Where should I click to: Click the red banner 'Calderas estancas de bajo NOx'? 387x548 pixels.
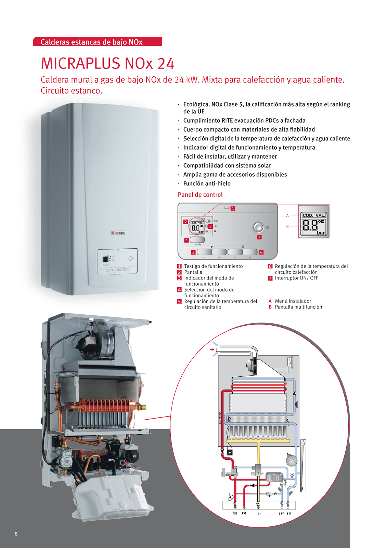[x=98, y=42]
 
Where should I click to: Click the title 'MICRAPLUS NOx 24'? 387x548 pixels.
[x=107, y=64]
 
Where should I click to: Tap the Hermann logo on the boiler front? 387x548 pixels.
[x=118, y=233]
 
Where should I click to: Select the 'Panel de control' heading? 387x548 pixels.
[x=200, y=195]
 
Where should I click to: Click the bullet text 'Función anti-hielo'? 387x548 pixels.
[x=207, y=184]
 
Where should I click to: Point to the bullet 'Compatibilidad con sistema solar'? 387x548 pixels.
[x=227, y=165]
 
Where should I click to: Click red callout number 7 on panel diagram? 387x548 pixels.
[x=259, y=237]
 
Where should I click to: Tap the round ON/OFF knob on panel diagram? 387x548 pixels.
[x=258, y=227]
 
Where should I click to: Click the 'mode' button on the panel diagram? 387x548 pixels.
[x=197, y=240]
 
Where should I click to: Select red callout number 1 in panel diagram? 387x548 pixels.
[x=233, y=208]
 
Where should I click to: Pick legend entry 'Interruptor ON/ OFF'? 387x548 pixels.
[x=296, y=278]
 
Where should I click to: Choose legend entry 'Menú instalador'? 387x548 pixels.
[x=293, y=301]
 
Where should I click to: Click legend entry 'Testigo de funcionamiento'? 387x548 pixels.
[x=213, y=266]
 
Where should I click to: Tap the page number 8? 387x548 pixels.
[x=16, y=534]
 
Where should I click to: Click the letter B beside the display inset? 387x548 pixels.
[x=287, y=226]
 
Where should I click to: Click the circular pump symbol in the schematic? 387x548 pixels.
[x=292, y=461]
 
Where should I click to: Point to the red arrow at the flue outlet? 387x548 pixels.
[x=212, y=349]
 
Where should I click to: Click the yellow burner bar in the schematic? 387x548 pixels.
[x=259, y=440]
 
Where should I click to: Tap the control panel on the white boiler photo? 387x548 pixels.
[x=117, y=261]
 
